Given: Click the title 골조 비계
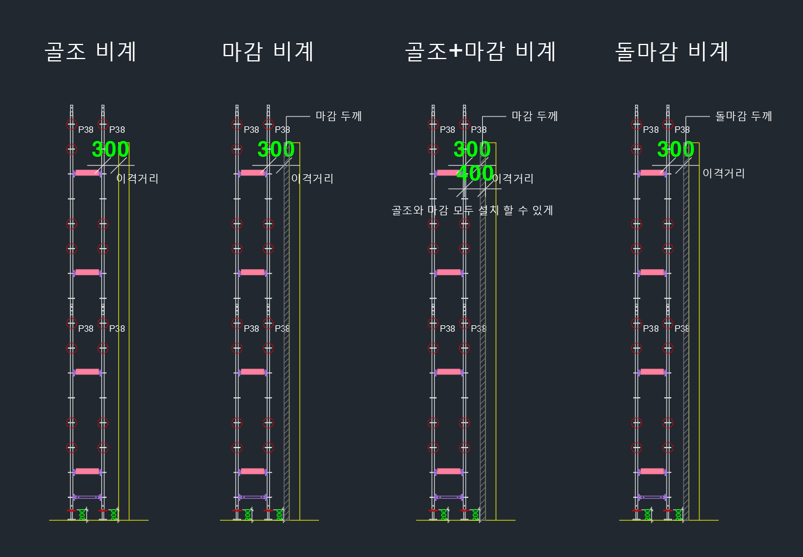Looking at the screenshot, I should [x=91, y=51].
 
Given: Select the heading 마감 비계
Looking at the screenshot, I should [x=268, y=51].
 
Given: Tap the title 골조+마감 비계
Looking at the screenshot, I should [x=480, y=51].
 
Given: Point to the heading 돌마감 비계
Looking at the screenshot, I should [x=671, y=51].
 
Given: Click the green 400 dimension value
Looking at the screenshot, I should [x=475, y=173].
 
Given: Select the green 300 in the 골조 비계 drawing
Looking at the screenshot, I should [x=111, y=149].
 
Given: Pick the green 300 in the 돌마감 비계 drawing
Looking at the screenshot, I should [x=675, y=149].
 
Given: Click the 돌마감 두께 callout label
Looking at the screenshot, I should [x=743, y=116].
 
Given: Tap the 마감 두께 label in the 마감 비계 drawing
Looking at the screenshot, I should [x=338, y=116].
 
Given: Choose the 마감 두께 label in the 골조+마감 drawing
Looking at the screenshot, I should [x=534, y=116].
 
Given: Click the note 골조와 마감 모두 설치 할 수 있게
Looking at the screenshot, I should [x=472, y=210].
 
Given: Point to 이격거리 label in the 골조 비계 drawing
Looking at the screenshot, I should [x=138, y=178].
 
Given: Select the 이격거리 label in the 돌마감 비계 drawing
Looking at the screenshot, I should [x=723, y=173].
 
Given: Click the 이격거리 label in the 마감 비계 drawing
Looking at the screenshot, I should [x=313, y=178].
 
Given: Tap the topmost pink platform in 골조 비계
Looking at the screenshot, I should [x=87, y=173].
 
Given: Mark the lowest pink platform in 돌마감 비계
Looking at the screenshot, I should [x=652, y=471].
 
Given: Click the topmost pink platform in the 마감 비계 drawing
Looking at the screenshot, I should [x=253, y=173].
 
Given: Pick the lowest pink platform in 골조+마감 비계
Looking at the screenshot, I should [x=449, y=471].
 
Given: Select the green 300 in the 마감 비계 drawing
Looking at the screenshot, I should [x=276, y=149].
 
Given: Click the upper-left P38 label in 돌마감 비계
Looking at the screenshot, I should [x=651, y=130].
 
